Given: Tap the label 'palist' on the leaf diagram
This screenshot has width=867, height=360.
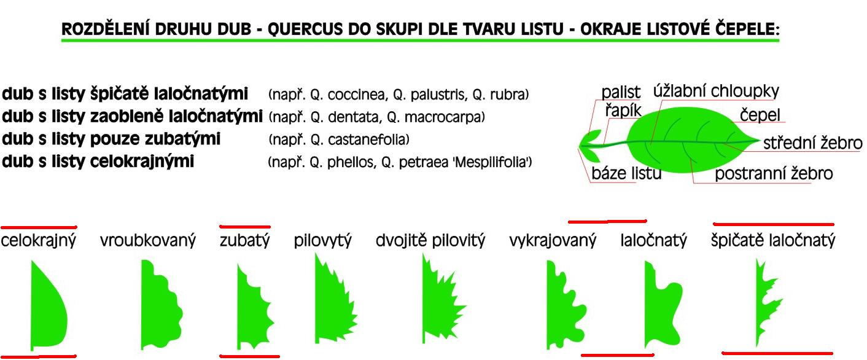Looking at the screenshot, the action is (x=621, y=92).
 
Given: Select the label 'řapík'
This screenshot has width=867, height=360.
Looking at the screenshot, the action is (x=623, y=111).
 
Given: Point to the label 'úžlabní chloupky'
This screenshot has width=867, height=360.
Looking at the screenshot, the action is (x=716, y=91).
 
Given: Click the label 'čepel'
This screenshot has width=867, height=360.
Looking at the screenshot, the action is (x=760, y=115).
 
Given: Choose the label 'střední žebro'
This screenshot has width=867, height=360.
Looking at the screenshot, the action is (x=812, y=143).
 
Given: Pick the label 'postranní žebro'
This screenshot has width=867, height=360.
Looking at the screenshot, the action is (x=774, y=173).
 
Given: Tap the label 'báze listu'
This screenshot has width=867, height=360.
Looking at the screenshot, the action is (x=626, y=173).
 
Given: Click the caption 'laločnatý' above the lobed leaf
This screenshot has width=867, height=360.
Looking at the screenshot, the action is (x=653, y=240).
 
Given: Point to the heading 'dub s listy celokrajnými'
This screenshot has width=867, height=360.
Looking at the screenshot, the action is (x=98, y=161).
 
